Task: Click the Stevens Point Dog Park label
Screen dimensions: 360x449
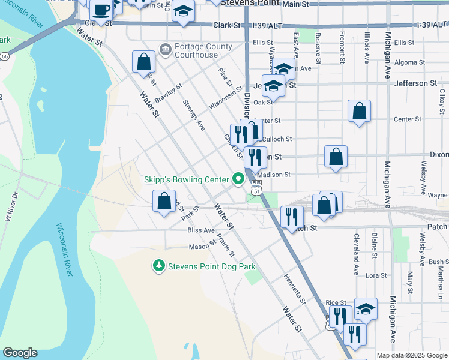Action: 212,266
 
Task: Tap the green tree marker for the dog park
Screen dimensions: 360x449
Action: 159,265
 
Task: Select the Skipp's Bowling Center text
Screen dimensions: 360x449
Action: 186,179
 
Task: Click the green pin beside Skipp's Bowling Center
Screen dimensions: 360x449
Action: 238,179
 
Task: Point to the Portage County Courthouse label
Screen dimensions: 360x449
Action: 196,51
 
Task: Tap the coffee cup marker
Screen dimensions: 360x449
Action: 101,11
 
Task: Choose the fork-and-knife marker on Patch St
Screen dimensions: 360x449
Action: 292,217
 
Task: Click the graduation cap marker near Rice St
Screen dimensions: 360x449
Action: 366,309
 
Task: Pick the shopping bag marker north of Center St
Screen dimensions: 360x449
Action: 359,111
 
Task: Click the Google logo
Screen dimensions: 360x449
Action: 20,353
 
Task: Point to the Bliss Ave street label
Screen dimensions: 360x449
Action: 200,230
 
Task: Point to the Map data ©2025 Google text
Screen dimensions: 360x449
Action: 411,355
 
